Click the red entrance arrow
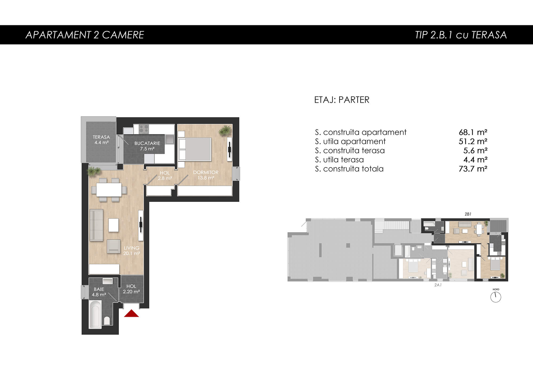[131, 314]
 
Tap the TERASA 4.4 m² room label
[101, 140]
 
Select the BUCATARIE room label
[147, 143]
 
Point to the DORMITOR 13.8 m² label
[206, 175]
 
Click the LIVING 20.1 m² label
[132, 251]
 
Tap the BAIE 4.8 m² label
[99, 292]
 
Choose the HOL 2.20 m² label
[131, 289]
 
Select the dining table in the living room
[109, 190]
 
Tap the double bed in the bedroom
[195, 150]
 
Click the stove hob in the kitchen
[144, 129]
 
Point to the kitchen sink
[169, 139]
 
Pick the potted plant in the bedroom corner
[225, 130]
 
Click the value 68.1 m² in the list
[473, 132]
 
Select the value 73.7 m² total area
[473, 169]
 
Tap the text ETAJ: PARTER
[342, 100]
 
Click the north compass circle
[496, 297]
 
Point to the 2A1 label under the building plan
[438, 285]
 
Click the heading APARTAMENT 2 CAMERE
[85, 35]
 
